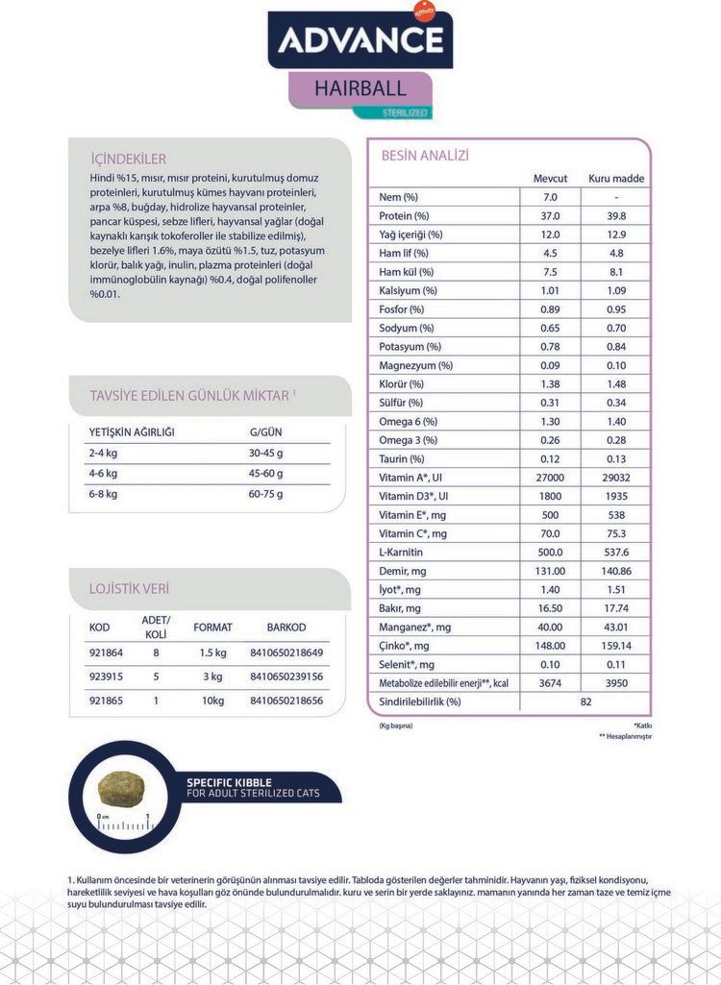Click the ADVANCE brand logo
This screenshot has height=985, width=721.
pos(360,39)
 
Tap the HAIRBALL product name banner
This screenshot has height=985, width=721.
pos(360,88)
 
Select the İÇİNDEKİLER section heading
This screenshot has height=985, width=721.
pos(128,159)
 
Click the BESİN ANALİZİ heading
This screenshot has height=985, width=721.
pos(425,156)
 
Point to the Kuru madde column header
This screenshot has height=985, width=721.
pos(616,179)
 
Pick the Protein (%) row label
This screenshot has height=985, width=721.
pos(404,216)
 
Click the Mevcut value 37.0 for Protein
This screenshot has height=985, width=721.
pos(550,216)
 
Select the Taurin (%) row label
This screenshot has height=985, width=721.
pos(401,459)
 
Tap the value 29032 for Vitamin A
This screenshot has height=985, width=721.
pos(616,478)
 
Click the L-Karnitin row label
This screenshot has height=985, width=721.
pos(401,553)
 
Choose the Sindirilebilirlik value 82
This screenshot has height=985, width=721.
pos(586,702)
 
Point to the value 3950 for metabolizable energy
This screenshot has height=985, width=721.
pos(616,683)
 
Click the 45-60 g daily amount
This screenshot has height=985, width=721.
pos(265,474)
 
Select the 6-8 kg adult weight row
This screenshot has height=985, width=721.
pos(103,494)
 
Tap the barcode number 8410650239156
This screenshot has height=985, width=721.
pos(286,677)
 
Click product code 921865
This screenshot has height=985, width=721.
pos(106,702)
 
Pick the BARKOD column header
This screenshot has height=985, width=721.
pos(286,628)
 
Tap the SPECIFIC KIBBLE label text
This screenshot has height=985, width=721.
pos(231,782)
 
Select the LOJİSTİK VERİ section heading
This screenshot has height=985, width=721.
pos(129,588)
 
